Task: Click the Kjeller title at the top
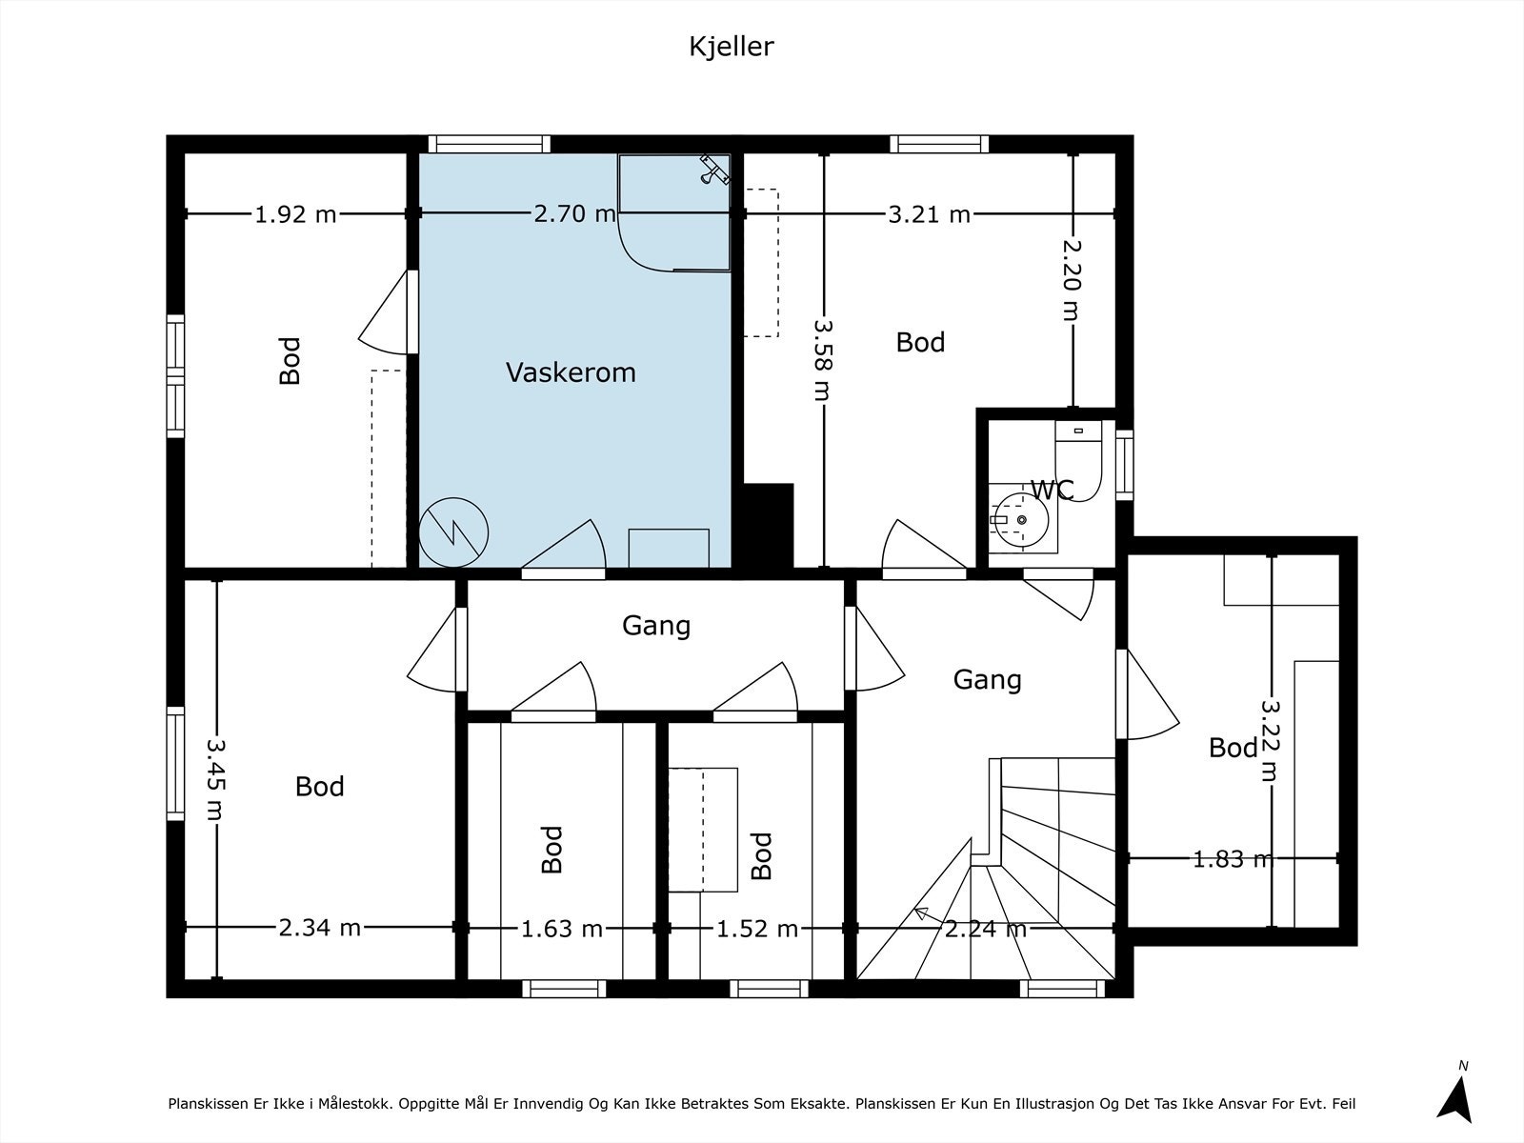(732, 48)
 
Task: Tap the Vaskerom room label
(571, 372)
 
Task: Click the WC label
(1053, 490)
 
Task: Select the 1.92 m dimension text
(296, 214)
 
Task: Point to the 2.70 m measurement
(575, 213)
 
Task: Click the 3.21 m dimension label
(929, 214)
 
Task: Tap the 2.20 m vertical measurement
(1073, 280)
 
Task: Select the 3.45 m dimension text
(216, 778)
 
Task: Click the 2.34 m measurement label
(320, 927)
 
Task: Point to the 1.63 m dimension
(562, 929)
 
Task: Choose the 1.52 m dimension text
(757, 929)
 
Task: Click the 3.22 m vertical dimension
(1270, 740)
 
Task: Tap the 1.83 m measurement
(1233, 860)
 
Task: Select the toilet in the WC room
(1078, 460)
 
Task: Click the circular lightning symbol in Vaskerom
(453, 533)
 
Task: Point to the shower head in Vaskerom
(714, 171)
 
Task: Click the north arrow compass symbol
(1456, 1099)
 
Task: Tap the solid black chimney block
(769, 526)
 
